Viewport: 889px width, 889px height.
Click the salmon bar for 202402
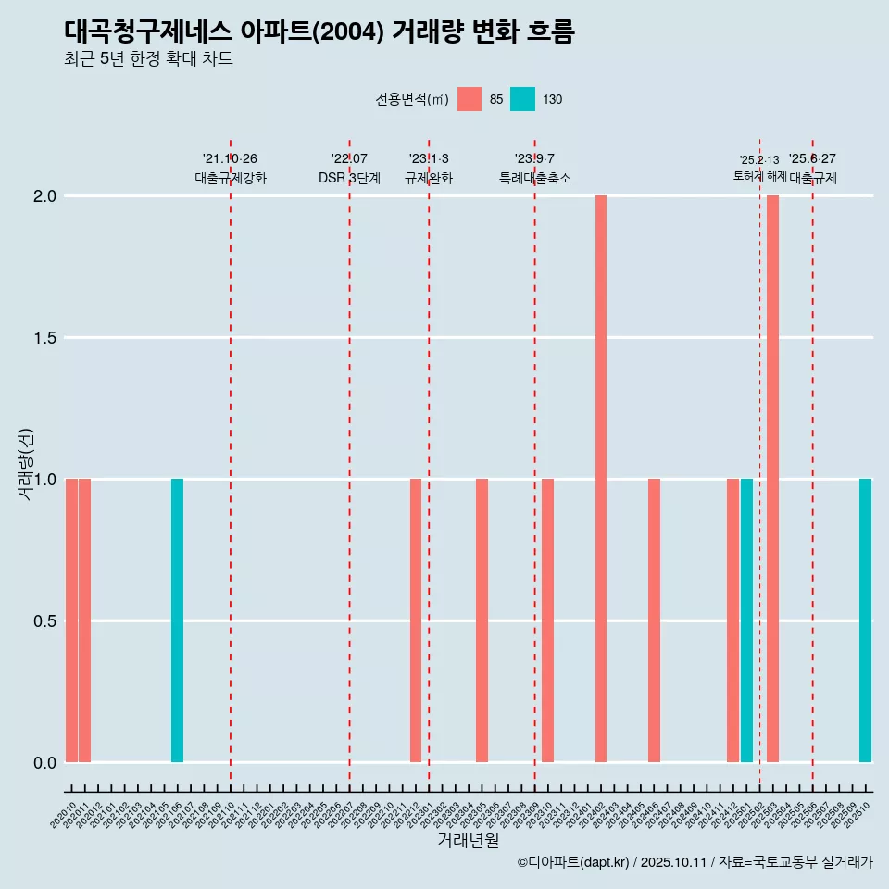[x=601, y=479]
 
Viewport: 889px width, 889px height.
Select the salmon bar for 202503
[x=772, y=479]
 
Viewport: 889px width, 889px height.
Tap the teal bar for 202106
[x=177, y=620]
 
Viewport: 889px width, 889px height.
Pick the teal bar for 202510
[x=865, y=620]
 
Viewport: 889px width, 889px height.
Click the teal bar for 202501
[x=746, y=620]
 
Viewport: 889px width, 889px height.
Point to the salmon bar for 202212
[x=416, y=620]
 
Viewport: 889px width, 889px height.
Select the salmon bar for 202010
[x=71, y=620]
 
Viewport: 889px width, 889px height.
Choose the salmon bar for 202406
[x=654, y=620]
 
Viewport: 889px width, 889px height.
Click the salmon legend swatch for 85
[x=470, y=99]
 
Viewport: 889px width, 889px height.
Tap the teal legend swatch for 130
[x=523, y=99]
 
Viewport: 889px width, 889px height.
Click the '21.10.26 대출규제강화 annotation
[x=231, y=169]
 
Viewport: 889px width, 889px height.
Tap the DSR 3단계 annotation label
[x=349, y=178]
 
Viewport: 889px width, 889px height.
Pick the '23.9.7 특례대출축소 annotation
[x=535, y=169]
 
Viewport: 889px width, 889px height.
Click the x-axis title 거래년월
[x=468, y=841]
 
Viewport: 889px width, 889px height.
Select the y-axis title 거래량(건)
[x=26, y=465]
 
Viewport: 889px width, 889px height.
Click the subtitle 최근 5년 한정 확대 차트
[x=148, y=59]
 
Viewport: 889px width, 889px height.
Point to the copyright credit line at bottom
[x=695, y=863]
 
